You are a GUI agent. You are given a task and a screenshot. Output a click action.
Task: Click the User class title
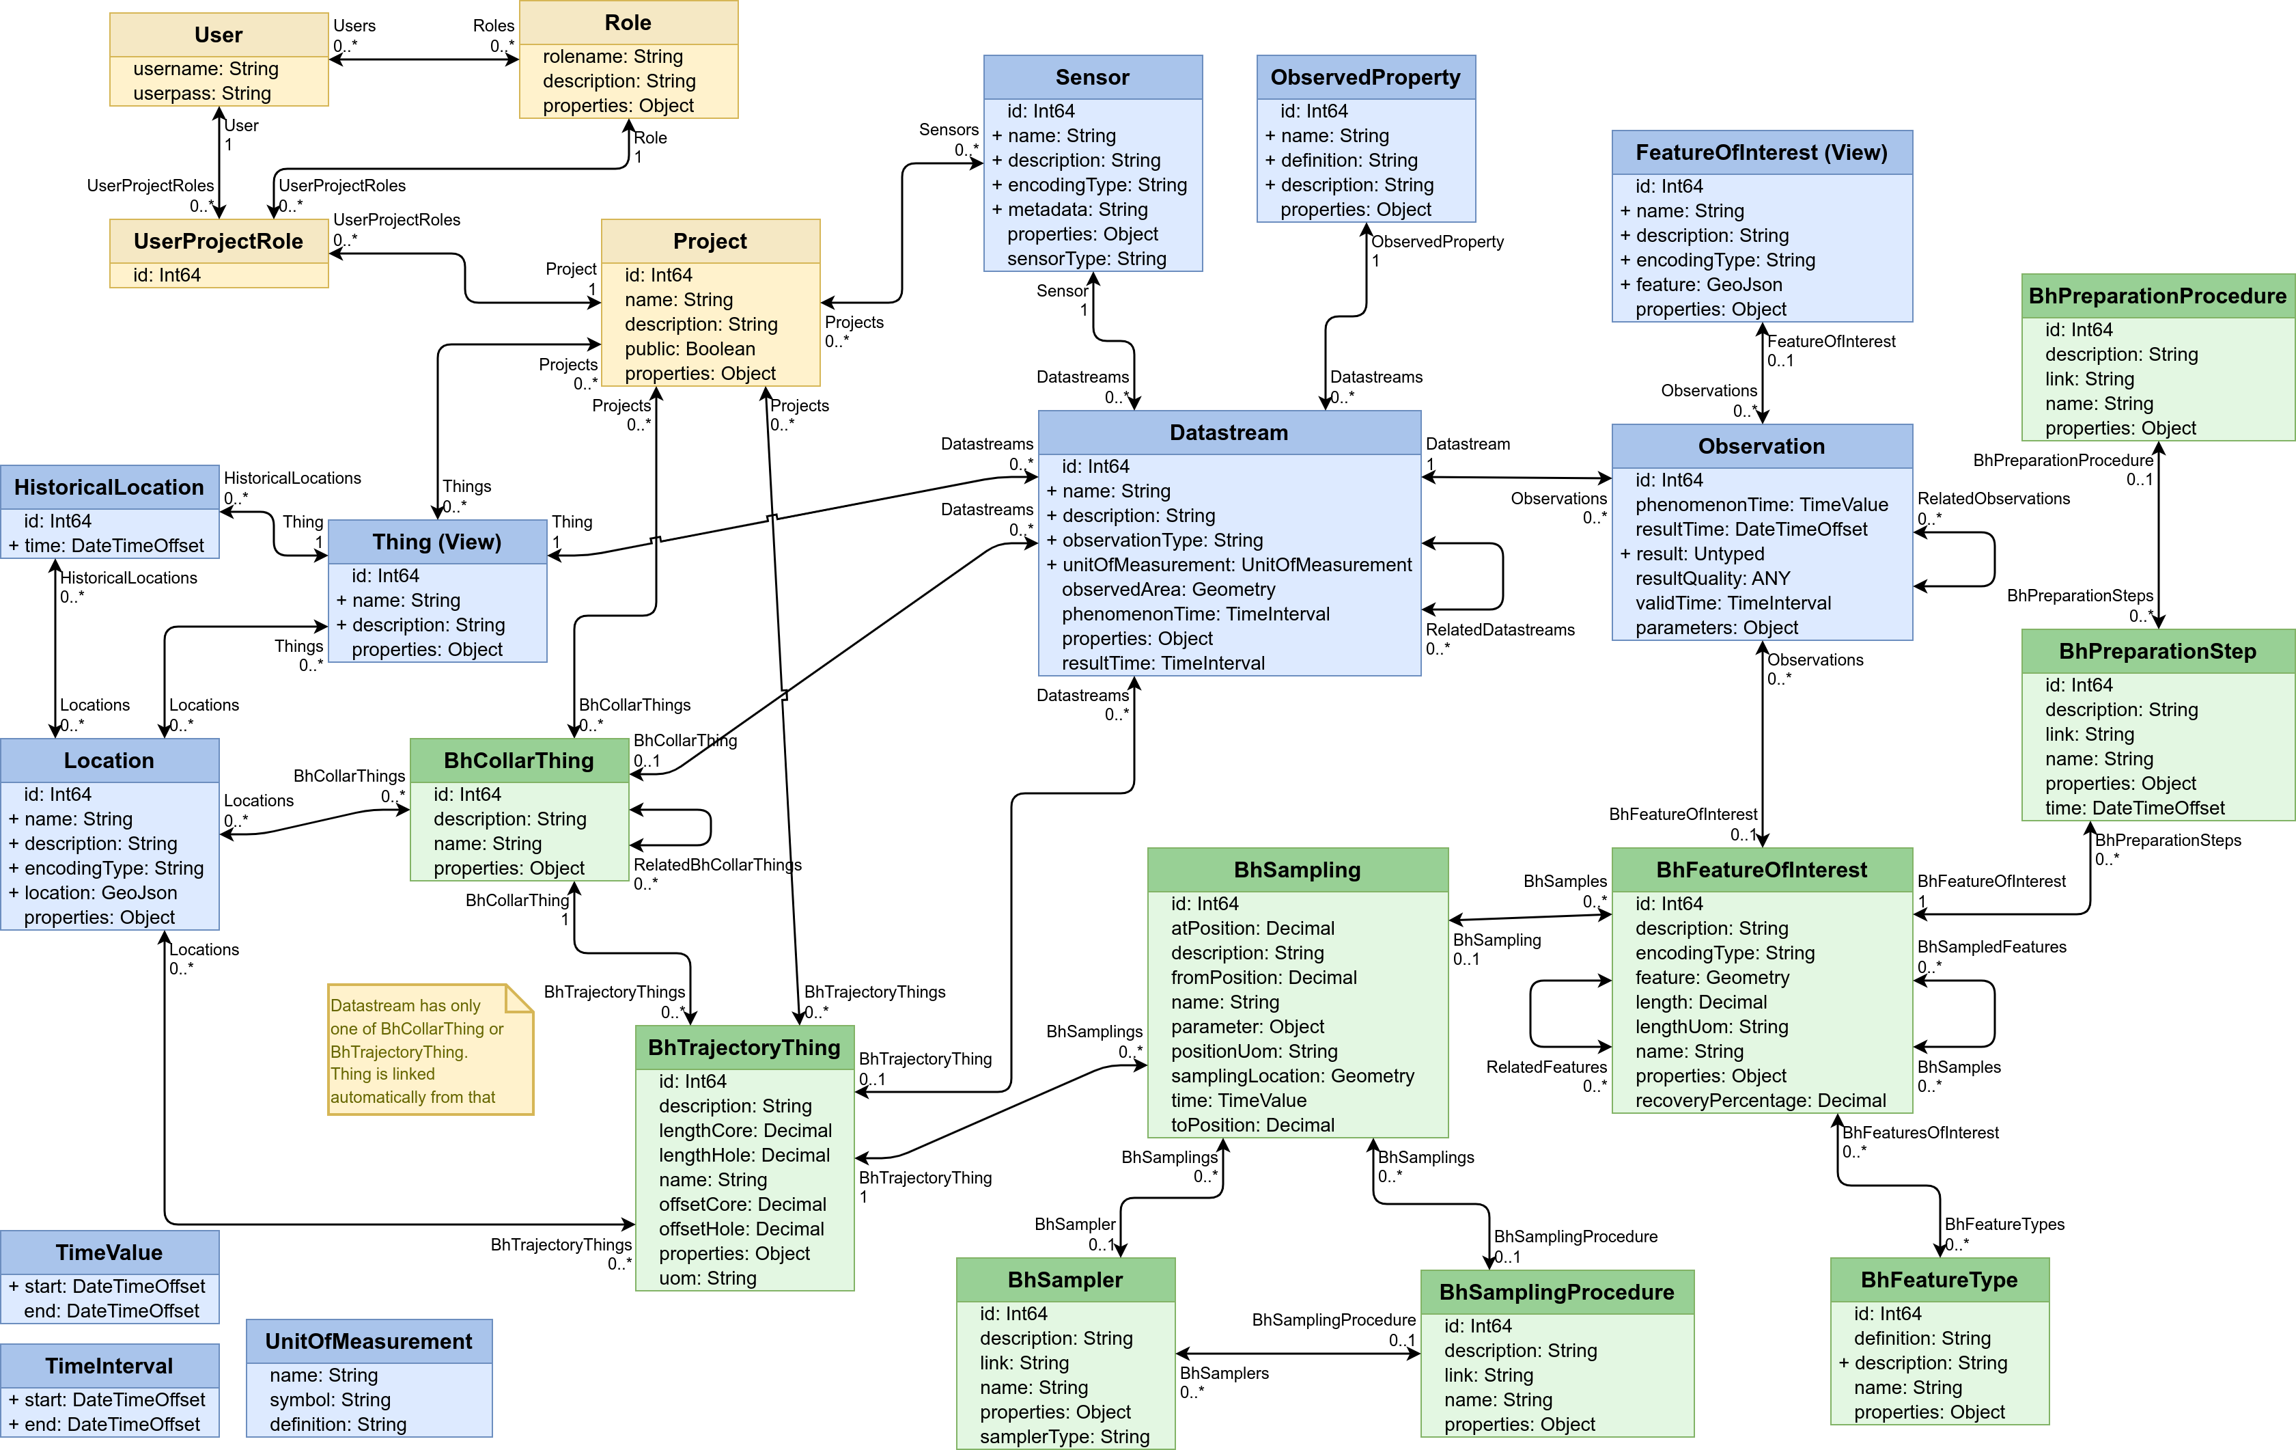219,36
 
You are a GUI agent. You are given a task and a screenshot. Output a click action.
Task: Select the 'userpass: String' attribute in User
202,94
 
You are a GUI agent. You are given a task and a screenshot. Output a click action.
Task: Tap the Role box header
628,23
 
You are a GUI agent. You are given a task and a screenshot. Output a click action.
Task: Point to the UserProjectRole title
219,241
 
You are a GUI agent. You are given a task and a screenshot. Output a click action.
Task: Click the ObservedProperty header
1364,77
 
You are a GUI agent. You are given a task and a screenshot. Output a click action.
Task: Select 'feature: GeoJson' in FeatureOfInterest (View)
1708,284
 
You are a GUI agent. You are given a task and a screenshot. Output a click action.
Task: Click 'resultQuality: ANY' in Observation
1713,578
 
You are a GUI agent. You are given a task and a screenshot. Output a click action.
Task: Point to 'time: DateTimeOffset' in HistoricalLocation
113,546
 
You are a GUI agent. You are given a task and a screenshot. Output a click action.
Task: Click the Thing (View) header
436,542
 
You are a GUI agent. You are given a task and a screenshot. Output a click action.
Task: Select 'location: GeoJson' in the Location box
100,893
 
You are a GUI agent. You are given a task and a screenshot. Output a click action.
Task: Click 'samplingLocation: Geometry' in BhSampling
1292,1076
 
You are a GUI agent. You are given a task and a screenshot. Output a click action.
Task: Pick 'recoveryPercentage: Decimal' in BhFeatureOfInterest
1760,1101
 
